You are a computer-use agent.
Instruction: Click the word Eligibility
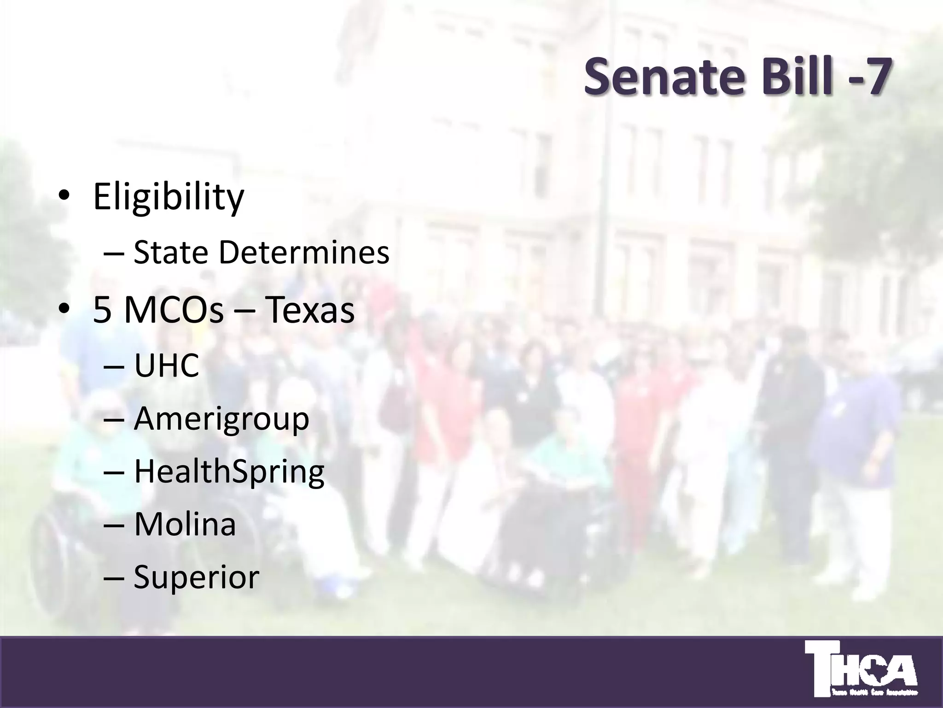pos(169,197)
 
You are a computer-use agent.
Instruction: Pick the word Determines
pos(304,253)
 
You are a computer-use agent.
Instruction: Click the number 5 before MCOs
pos(103,310)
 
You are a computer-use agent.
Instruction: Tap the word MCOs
pos(174,310)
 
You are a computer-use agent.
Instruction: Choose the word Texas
pos(310,310)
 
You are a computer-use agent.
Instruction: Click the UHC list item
pos(166,366)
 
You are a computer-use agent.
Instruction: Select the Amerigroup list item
pos(221,419)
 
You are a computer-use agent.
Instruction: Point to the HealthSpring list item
pos(229,472)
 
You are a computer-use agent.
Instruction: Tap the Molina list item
pos(185,524)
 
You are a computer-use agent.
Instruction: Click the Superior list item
pos(197,577)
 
